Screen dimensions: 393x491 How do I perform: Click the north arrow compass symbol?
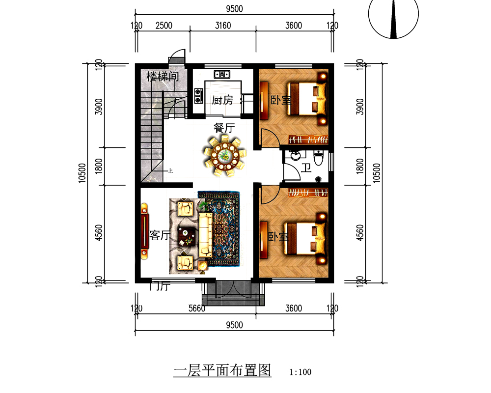394,19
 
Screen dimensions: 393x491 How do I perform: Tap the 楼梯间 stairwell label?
162,77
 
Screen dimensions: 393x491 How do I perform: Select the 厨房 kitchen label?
222,101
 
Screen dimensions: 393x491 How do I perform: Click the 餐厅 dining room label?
224,128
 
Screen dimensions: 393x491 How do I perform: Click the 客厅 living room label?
159,235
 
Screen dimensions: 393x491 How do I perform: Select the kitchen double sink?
222,74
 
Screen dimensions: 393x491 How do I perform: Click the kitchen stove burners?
199,95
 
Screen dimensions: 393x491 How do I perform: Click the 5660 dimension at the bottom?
195,309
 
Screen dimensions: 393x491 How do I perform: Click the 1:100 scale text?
300,372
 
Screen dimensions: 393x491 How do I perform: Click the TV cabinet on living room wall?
145,231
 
